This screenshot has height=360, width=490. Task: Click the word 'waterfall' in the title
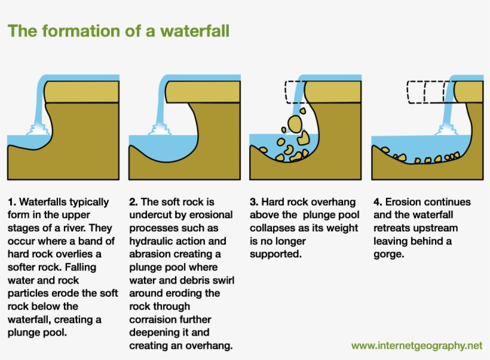point(194,30)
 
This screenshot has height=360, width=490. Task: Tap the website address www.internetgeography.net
point(416,346)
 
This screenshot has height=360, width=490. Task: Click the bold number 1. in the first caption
point(12,202)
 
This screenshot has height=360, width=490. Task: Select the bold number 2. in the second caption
point(133,202)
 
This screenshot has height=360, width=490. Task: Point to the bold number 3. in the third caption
point(254,202)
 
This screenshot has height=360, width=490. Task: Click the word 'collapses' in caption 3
point(270,228)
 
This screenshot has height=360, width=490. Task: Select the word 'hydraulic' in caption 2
point(150,241)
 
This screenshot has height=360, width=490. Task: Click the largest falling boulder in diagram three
point(295,123)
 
